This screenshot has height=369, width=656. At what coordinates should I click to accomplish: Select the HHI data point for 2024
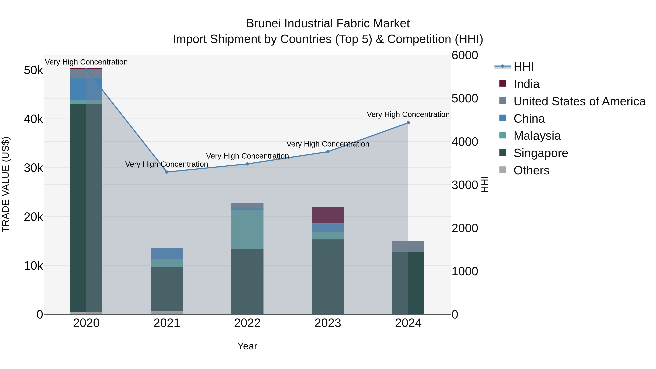pyautogui.click(x=408, y=123)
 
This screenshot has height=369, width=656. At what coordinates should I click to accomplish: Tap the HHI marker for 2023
pyautogui.click(x=328, y=152)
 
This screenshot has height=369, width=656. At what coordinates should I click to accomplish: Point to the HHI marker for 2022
pyautogui.click(x=247, y=164)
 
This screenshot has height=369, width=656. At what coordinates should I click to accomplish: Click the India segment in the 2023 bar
pyautogui.click(x=328, y=215)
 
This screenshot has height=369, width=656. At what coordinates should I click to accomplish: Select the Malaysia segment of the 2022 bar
pyautogui.click(x=247, y=229)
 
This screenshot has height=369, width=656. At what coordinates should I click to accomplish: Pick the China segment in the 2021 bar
pyautogui.click(x=167, y=253)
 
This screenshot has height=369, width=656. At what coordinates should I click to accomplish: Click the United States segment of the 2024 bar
pyautogui.click(x=408, y=246)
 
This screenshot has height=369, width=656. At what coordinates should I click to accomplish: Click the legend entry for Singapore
pyautogui.click(x=541, y=153)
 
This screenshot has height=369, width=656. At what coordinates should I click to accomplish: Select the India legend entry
pyautogui.click(x=526, y=84)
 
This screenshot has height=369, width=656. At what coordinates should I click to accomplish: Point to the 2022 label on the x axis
pyautogui.click(x=247, y=323)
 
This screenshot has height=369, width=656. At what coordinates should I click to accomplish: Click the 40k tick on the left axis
pyautogui.click(x=33, y=119)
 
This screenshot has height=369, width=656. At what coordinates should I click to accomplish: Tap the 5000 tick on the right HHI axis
pyautogui.click(x=465, y=99)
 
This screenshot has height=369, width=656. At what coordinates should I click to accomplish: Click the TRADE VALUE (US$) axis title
pyautogui.click(x=6, y=184)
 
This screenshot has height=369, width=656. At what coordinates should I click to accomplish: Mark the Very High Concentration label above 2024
pyautogui.click(x=408, y=115)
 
